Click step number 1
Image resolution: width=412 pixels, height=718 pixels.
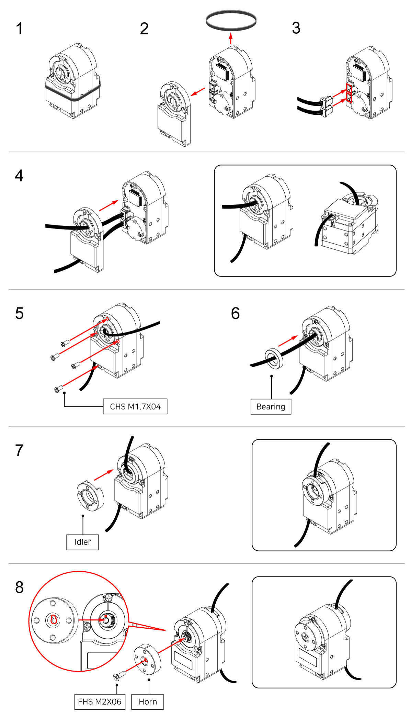tap(20, 29)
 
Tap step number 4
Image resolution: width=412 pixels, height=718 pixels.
tap(19, 176)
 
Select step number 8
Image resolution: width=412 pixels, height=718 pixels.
tap(20, 587)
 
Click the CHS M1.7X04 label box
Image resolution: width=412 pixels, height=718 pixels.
tap(135, 406)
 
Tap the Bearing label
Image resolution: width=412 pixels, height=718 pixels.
tap(271, 407)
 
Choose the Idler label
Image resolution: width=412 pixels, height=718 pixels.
tap(82, 542)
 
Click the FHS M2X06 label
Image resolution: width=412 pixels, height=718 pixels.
tap(100, 702)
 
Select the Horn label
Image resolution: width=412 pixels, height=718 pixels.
tap(148, 702)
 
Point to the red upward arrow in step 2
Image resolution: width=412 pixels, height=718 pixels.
tap(231, 38)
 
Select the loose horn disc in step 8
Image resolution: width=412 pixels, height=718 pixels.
tap(147, 659)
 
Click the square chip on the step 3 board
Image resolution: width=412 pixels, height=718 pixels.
tap(359, 72)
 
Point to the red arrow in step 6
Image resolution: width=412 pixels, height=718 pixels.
tap(288, 341)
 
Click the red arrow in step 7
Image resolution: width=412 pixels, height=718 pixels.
tap(103, 475)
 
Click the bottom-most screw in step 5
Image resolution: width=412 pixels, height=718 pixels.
tap(59, 389)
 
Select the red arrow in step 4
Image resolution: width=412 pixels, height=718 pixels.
tap(108, 206)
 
